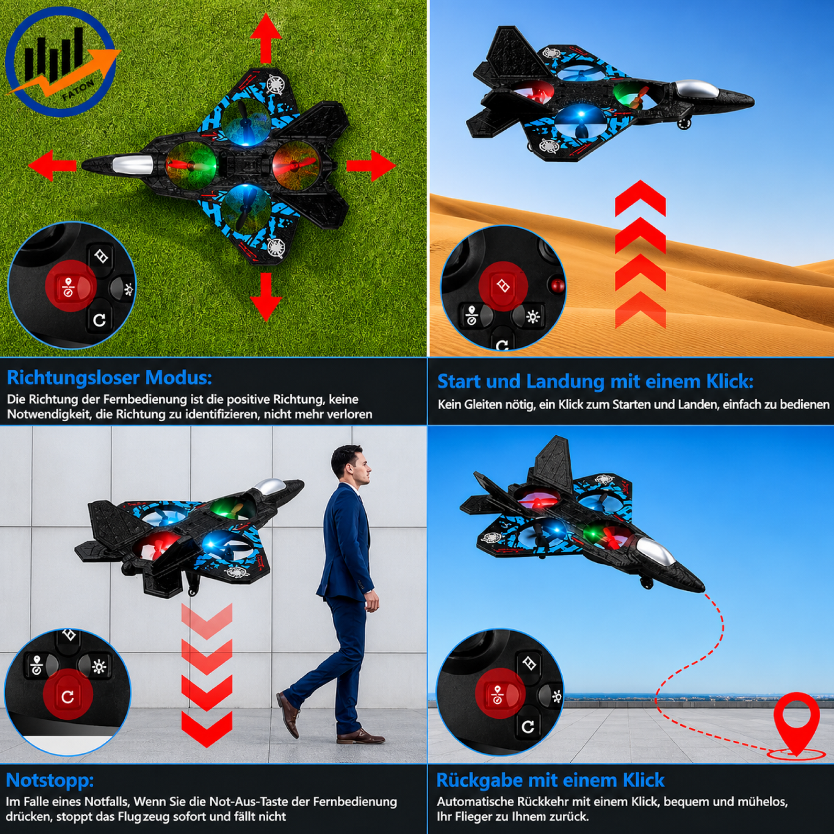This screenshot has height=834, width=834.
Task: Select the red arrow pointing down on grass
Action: point(266,297)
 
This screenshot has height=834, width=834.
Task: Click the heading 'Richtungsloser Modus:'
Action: point(109,378)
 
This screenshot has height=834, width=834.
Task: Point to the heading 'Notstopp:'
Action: point(50,781)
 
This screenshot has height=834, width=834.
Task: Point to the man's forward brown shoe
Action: point(360,737)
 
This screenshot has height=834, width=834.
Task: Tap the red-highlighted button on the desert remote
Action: point(503,286)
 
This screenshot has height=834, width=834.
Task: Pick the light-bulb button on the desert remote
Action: point(532,317)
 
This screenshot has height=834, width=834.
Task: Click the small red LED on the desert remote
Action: point(558,285)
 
